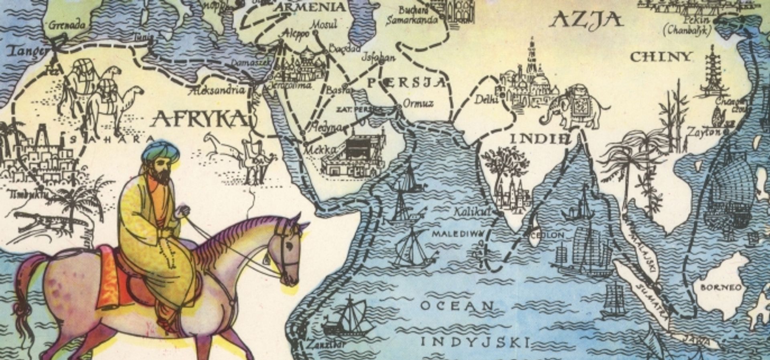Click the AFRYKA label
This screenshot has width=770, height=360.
pos(200,119)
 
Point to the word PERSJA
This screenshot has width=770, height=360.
pos(406,83)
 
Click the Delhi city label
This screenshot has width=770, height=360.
pos(486,99)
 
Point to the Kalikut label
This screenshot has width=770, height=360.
pos(472,212)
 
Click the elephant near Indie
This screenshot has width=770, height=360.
pos(574,106)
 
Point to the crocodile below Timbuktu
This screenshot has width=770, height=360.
pos(44,222)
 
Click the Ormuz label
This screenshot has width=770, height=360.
pos(418,103)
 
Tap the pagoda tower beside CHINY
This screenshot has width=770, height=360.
pos(712,72)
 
